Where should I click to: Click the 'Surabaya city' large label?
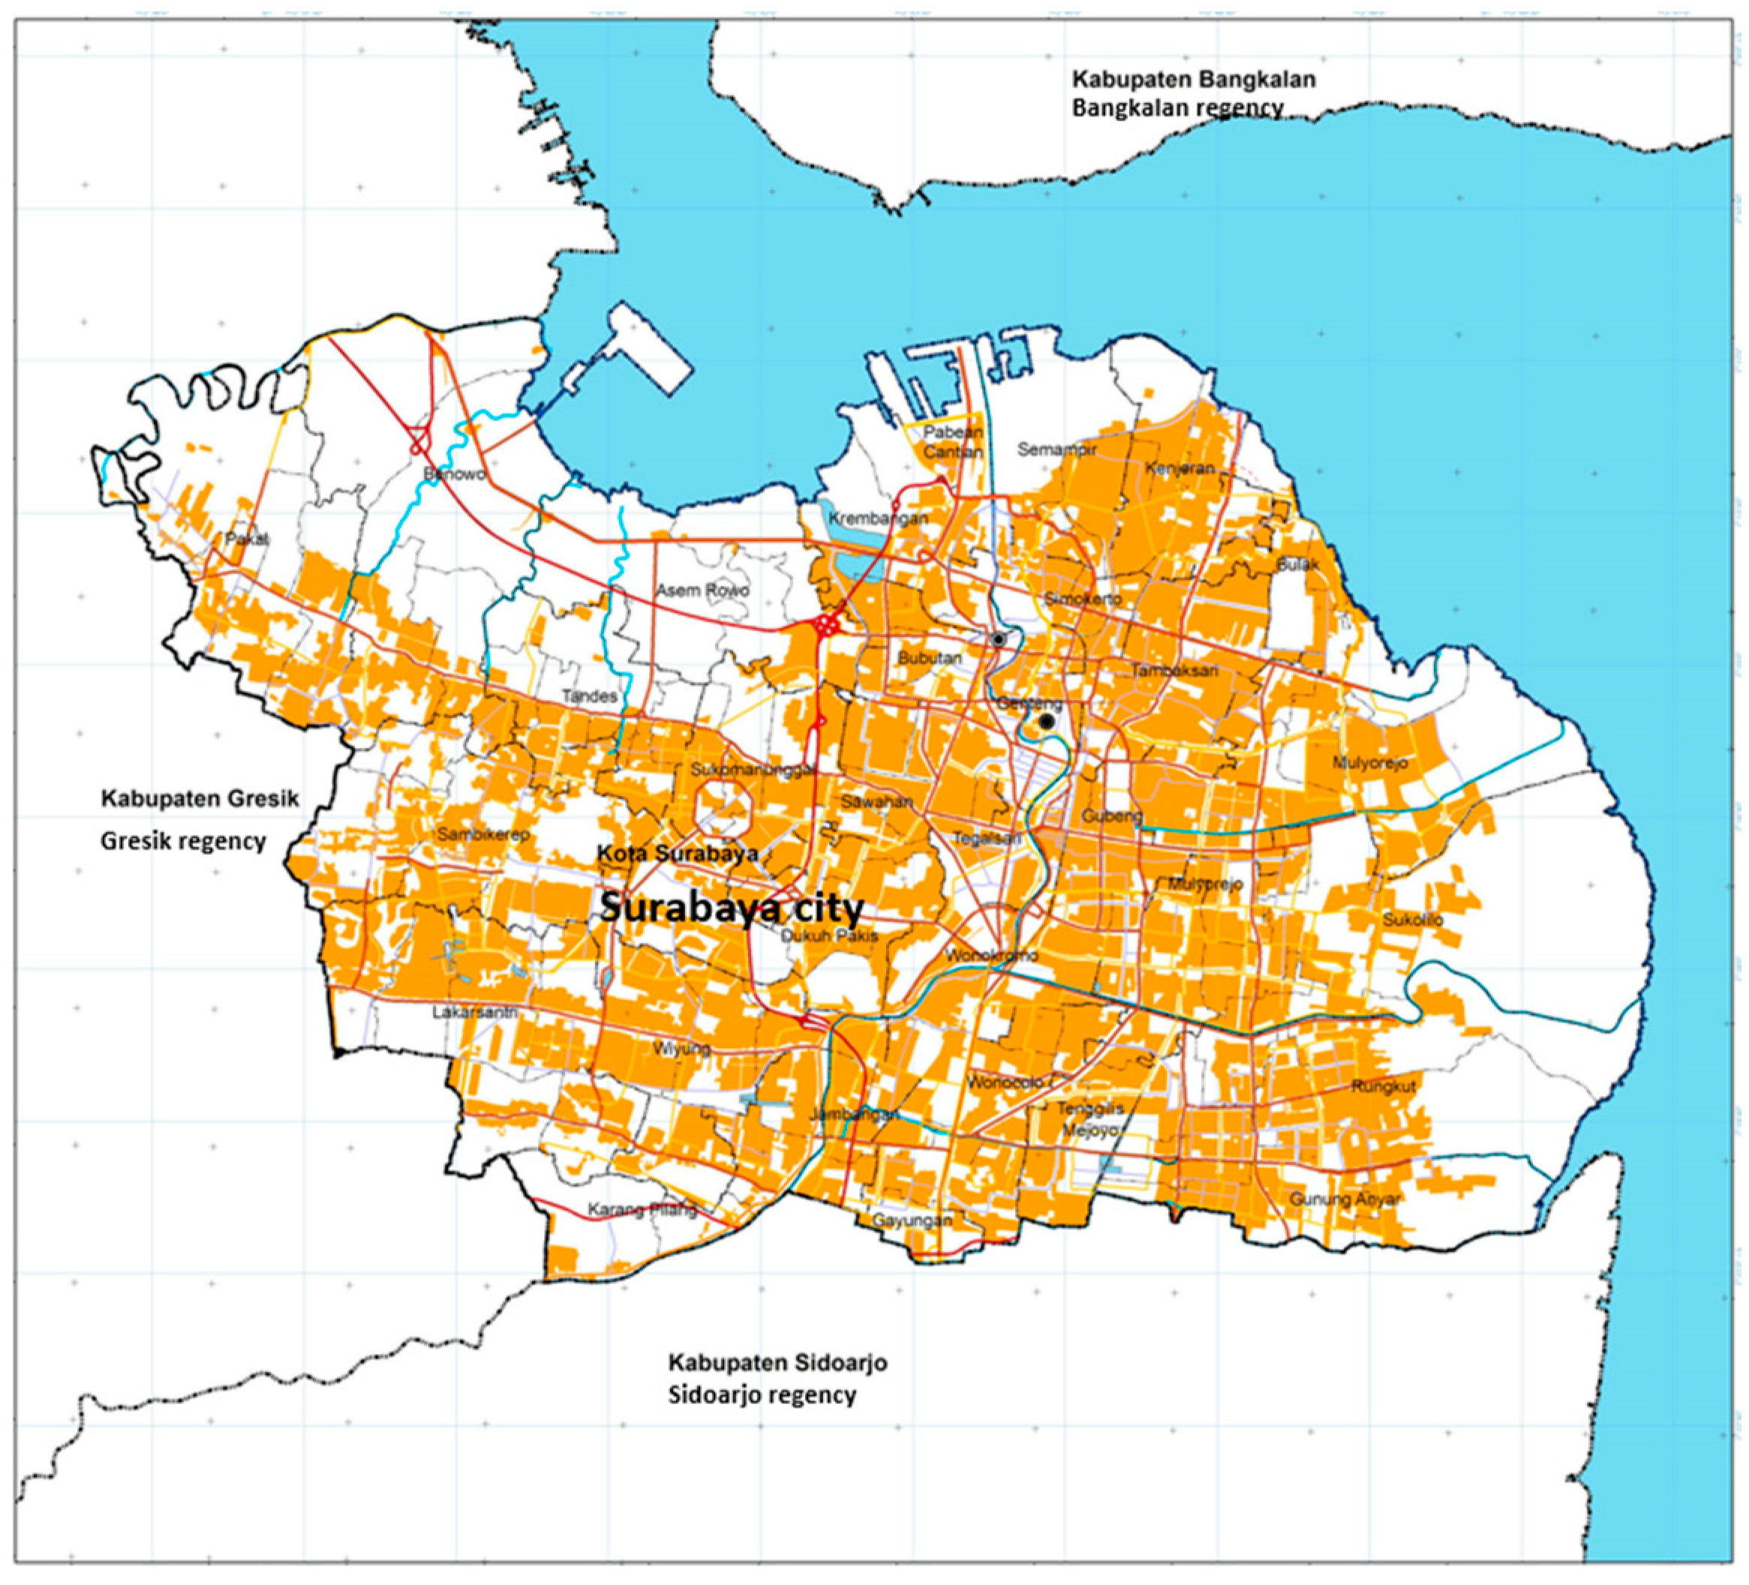coord(732,908)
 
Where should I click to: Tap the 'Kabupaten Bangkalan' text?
coord(1194,80)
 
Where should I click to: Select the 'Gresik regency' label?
coord(183,841)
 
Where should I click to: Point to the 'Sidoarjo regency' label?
coord(762,1395)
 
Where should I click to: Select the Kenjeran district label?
coord(1179,469)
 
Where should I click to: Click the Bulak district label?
coord(1297,565)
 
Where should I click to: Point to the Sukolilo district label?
coord(1412,920)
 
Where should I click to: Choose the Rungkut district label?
coord(1383,1087)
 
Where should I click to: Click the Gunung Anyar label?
coord(1344,1199)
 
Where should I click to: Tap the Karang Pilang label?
coord(642,1209)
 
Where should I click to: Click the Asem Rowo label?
coord(702,591)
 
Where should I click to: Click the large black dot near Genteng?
coord(1047,721)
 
